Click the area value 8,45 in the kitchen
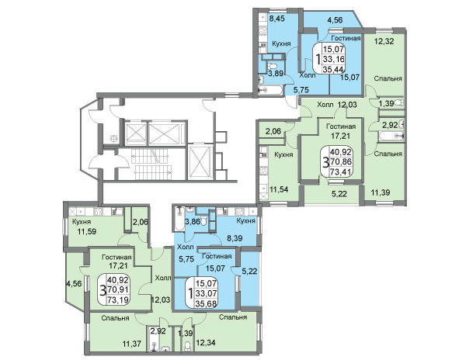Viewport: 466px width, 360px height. coord(276,19)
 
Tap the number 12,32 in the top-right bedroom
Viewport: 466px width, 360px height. coord(384,41)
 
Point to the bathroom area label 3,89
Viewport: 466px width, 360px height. coord(275,74)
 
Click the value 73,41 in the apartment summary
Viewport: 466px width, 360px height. coord(341,171)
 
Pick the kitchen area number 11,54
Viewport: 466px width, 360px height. coord(279,189)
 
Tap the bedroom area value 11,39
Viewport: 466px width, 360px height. coord(381,192)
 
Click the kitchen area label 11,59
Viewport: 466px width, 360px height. coord(86,231)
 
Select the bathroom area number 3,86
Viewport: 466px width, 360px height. coord(193,221)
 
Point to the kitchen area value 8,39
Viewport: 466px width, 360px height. coord(235,237)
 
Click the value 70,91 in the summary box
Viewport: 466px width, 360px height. coord(118,289)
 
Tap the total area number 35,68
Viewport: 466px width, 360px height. coord(206,303)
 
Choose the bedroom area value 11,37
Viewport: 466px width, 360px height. coord(132,344)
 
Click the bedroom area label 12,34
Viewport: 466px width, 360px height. coord(206,343)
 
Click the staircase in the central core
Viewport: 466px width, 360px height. coord(151,164)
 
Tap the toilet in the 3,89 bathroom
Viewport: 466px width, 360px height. coord(272,66)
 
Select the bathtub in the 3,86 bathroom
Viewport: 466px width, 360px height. coord(180,220)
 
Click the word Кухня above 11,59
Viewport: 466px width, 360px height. coord(82,222)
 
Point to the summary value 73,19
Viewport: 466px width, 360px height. coord(118,300)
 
